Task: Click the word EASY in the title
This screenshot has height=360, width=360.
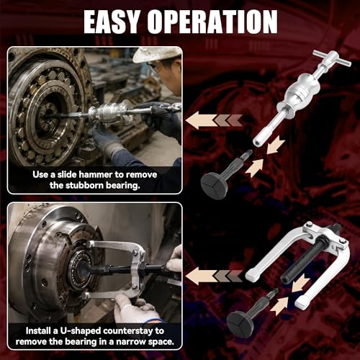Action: click(x=112, y=22)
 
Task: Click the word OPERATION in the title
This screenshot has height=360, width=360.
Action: click(x=212, y=22)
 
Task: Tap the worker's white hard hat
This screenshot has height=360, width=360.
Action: click(x=156, y=54)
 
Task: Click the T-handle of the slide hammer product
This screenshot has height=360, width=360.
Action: click(x=332, y=59)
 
